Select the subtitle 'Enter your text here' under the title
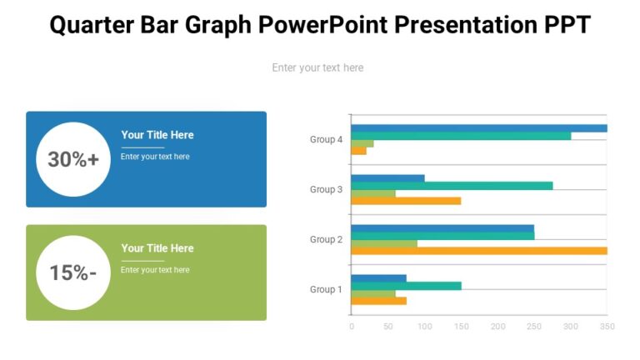317,67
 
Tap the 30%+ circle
73,159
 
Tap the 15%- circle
73,272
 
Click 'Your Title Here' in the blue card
157,135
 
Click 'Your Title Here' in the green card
157,248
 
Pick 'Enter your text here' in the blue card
155,157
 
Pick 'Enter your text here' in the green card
155,270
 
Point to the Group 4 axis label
326,140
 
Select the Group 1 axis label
326,290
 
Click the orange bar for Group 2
478,251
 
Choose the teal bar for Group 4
460,136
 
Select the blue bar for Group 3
387,178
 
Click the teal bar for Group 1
406,286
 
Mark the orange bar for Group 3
406,201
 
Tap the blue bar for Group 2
442,228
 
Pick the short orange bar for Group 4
358,151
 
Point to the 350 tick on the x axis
607,327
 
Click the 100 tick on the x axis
424,327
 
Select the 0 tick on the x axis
351,327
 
